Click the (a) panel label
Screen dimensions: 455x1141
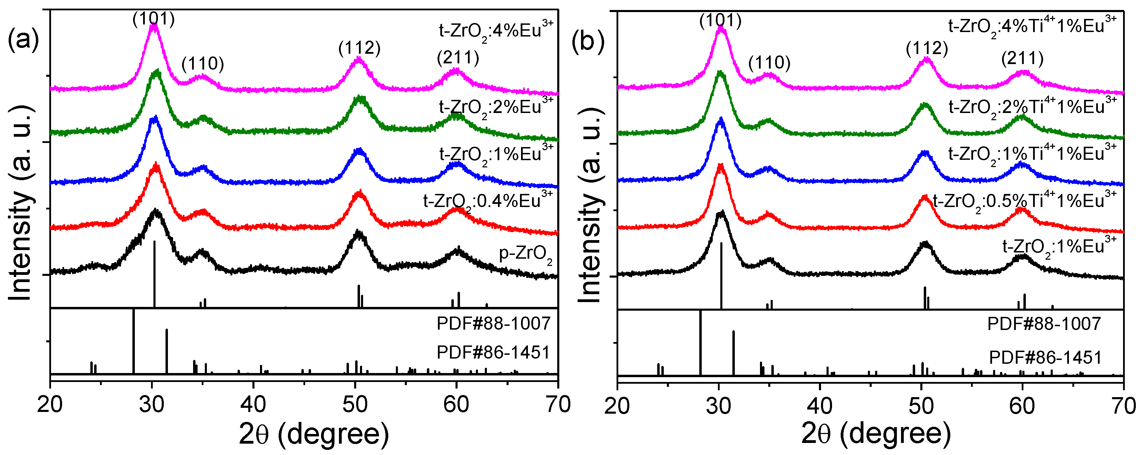click(23, 41)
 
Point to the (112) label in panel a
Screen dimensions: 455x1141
click(359, 48)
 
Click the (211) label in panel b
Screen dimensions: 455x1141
click(1022, 59)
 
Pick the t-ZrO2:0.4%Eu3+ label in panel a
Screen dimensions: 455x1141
click(488, 201)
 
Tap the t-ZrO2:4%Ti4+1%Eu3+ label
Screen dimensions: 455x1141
click(1032, 26)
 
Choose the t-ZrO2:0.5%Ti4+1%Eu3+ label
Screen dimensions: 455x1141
click(1024, 201)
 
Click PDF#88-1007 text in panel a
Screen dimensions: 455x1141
click(493, 323)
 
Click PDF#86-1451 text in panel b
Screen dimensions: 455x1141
click(1045, 357)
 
